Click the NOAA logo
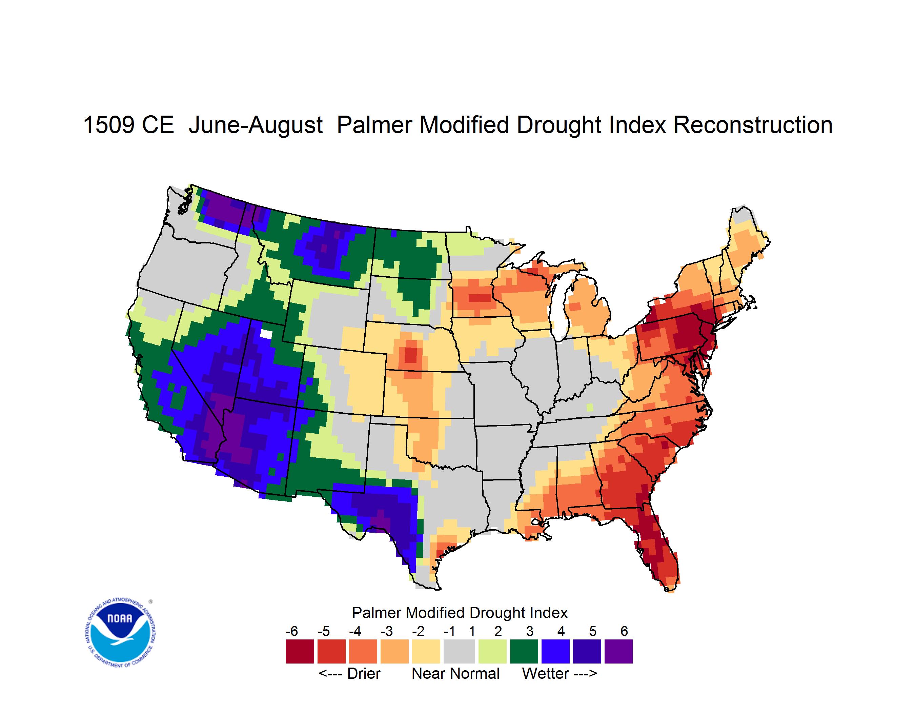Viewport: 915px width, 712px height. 120,633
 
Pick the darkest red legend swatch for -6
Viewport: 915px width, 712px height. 300,651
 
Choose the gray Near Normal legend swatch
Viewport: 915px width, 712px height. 459,651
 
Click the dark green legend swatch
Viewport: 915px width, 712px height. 524,651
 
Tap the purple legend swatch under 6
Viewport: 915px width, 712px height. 618,651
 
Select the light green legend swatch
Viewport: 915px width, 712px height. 492,651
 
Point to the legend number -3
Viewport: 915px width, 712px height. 386,631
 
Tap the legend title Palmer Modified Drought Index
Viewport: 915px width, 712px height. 460,613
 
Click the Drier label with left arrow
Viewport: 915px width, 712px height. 349,673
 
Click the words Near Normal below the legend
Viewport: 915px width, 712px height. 455,673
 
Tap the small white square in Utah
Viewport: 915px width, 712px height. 266,334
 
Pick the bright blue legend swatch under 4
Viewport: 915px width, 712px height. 555,651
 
